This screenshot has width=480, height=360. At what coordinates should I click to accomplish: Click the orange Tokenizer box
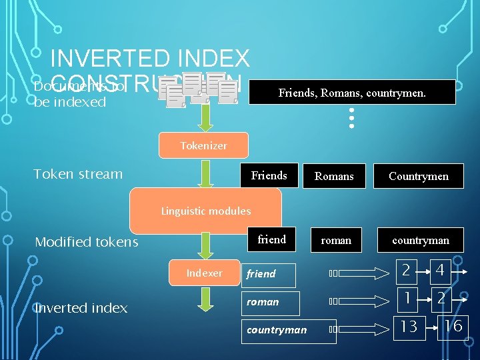pyautogui.click(x=203, y=145)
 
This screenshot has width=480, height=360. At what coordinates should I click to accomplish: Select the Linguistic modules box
pyautogui.click(x=206, y=211)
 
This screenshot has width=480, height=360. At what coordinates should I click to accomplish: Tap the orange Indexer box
pyautogui.click(x=204, y=273)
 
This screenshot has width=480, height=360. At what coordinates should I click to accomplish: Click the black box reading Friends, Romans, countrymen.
pyautogui.click(x=351, y=93)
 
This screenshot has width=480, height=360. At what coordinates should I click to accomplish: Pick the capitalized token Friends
pyautogui.click(x=269, y=176)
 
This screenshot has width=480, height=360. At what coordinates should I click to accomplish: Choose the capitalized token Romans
pyautogui.click(x=334, y=176)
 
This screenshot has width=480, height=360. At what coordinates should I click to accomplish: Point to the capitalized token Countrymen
pyautogui.click(x=419, y=176)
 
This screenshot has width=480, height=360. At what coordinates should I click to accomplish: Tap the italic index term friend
pyautogui.click(x=261, y=274)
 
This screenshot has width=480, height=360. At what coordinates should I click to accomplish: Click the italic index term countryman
pyautogui.click(x=277, y=330)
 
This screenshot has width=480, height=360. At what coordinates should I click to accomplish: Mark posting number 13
pyautogui.click(x=409, y=326)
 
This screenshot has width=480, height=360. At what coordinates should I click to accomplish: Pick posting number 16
pyautogui.click(x=453, y=326)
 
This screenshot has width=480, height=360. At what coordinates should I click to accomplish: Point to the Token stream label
pyautogui.click(x=78, y=175)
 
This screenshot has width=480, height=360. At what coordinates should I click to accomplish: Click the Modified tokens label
pyautogui.click(x=87, y=242)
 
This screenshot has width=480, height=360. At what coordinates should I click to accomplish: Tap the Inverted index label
pyautogui.click(x=81, y=308)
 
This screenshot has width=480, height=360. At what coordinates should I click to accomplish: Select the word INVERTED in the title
pyautogui.click(x=101, y=59)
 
